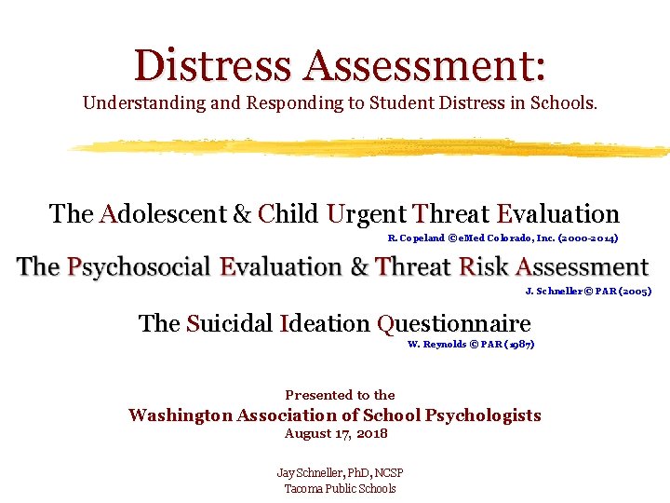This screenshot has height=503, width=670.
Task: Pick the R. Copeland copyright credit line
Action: [x=502, y=238]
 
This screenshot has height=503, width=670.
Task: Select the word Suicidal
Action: [x=229, y=323]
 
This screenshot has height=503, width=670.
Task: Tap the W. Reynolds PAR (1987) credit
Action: [x=471, y=345]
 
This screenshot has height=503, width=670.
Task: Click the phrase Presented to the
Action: [x=340, y=395]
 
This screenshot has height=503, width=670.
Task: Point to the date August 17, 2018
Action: [x=336, y=434]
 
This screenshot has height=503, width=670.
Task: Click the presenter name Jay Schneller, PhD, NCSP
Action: [x=340, y=473]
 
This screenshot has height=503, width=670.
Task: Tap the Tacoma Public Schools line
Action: [x=340, y=488]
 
